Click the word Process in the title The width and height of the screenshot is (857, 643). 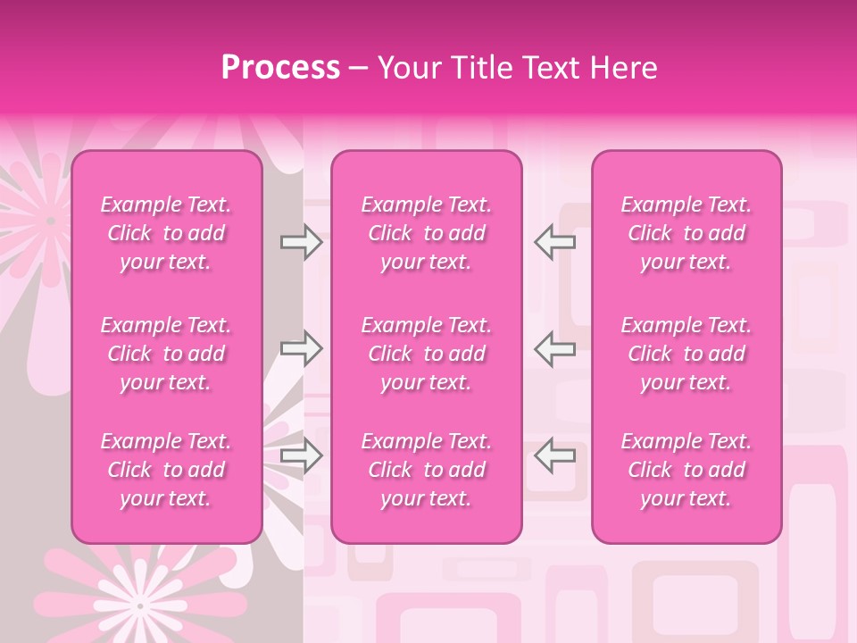click(280, 67)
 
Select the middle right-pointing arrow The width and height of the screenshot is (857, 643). click(301, 349)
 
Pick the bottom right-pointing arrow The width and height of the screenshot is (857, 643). click(301, 456)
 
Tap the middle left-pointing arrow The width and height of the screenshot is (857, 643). click(554, 349)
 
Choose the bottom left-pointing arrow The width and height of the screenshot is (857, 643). click(554, 456)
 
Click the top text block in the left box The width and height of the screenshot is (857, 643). click(166, 233)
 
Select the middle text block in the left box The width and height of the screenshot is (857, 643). click(166, 354)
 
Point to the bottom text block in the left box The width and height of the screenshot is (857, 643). click(166, 470)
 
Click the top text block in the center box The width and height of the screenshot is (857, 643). click(427, 233)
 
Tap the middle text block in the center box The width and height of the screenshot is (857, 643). click(427, 354)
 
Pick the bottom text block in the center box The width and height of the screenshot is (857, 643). click(427, 470)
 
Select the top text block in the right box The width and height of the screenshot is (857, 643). click(686, 233)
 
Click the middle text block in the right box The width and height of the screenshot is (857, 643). click(686, 354)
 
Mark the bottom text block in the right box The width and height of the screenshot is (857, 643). click(686, 470)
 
